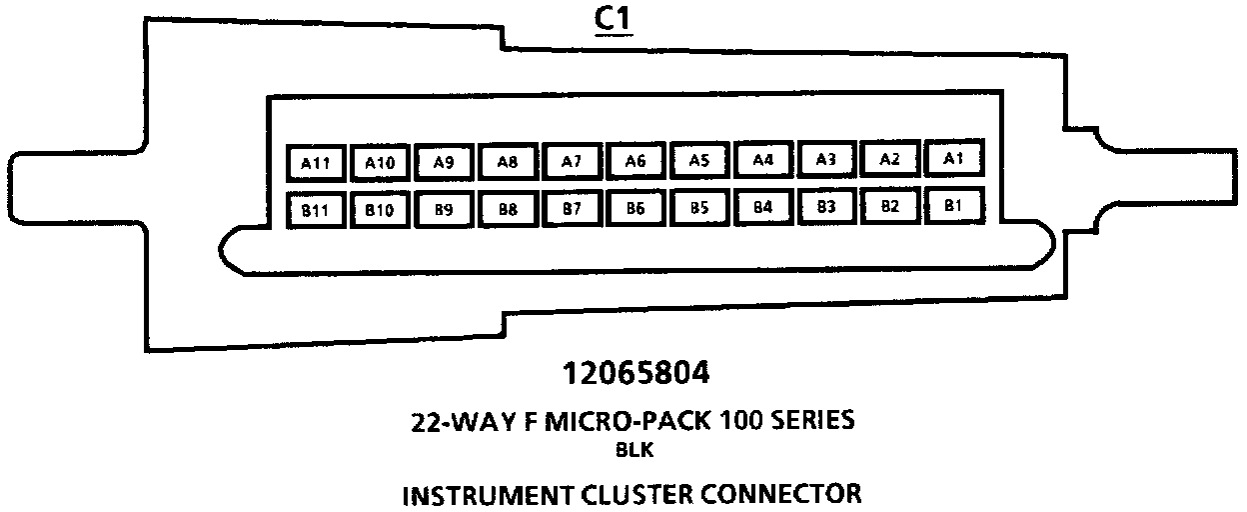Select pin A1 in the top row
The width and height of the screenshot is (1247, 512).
point(954,157)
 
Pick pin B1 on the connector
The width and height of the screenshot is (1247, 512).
point(954,205)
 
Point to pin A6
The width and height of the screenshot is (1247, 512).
point(635,160)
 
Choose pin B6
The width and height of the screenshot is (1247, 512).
point(635,208)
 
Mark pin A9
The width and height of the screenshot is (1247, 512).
point(444,161)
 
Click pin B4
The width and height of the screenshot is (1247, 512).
point(763,207)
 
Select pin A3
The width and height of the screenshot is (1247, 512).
point(826,158)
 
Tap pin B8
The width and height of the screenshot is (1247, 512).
point(508,209)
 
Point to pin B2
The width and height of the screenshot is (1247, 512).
point(890,206)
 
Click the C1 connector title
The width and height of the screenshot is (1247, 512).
point(616,20)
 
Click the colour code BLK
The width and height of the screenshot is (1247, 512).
point(636,450)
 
